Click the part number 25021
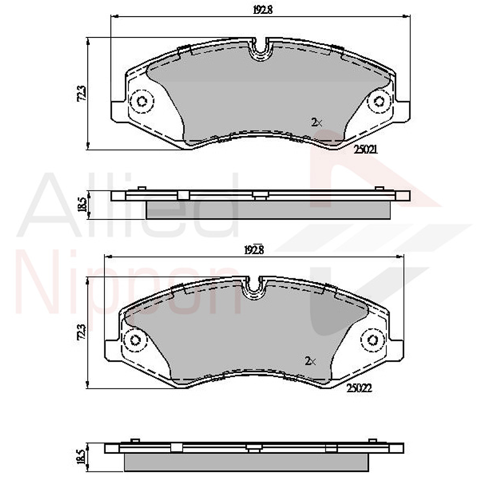coord(366,150)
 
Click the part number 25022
coord(358,390)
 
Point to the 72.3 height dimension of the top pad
coord(81,93)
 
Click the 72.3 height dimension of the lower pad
coord(81,332)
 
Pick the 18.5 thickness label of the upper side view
coord(82,205)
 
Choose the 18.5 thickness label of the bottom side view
coord(81,456)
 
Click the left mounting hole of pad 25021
coord(142,101)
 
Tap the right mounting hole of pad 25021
coord(379,101)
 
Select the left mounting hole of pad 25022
coord(134,340)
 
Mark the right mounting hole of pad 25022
coord(371,340)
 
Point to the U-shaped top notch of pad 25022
coord(254,288)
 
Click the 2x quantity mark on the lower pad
coord(310,361)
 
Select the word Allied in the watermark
coord(128,206)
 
